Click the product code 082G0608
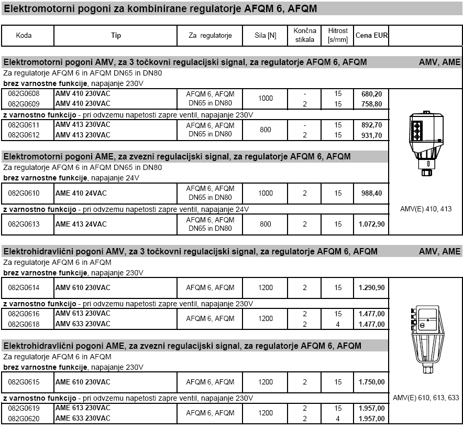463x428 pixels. pos(24,93)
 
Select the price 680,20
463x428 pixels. pos(371,93)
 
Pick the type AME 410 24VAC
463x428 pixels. pos(81,193)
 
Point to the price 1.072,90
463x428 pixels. pos(371,224)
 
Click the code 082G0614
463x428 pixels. pos(24,287)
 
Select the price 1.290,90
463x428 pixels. pos(371,287)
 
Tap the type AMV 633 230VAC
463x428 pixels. pos(83,324)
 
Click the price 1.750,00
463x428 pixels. pos(371,382)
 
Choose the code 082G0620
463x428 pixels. pos(24,418)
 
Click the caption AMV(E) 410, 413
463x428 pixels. pos(426,209)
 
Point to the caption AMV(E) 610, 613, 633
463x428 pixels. pos(426,398)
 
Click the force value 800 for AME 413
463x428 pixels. pos(266,224)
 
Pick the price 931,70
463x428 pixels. pos(371,135)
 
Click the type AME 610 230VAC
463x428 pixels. pos(83,382)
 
